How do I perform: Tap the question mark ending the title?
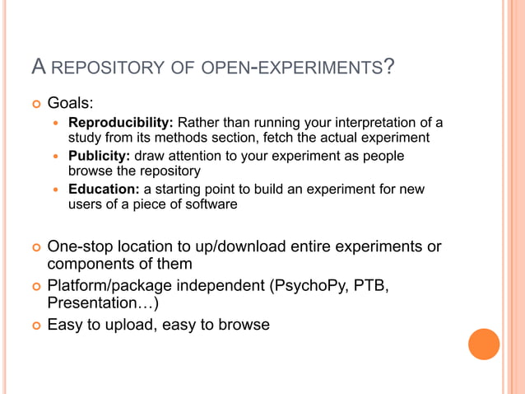click(388, 65)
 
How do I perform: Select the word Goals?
click(69, 105)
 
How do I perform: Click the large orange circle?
click(484, 344)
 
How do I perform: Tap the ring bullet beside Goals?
click(35, 106)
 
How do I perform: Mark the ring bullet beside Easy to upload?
click(35, 325)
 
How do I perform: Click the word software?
click(210, 204)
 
